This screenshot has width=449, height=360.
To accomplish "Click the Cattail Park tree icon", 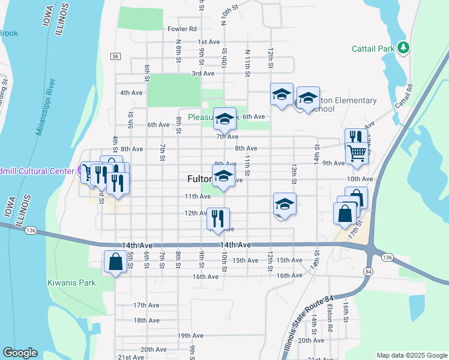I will (404, 47).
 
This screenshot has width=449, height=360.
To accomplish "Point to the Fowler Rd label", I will (182, 28).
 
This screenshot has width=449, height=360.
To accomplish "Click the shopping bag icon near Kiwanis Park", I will (115, 262).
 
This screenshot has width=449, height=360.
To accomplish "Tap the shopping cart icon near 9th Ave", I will (357, 153).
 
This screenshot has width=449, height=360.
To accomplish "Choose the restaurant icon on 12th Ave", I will (218, 218).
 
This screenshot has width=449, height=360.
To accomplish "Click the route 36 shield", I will (115, 56).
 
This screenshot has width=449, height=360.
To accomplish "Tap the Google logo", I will (20, 353).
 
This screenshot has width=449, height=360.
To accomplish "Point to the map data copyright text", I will (411, 355).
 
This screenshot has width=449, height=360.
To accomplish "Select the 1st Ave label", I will (209, 42).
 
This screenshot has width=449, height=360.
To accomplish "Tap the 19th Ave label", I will (188, 335).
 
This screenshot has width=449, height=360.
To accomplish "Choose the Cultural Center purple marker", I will (82, 171).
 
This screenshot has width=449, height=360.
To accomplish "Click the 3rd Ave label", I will (203, 73).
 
